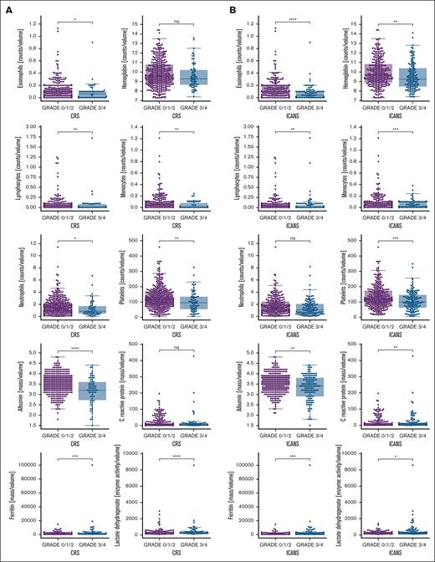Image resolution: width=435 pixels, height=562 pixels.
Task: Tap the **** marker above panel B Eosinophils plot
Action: pos(280,16)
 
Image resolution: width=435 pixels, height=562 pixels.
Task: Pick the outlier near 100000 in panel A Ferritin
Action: pos(81,464)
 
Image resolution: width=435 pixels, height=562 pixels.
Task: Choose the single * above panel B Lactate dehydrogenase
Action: pos(389,457)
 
